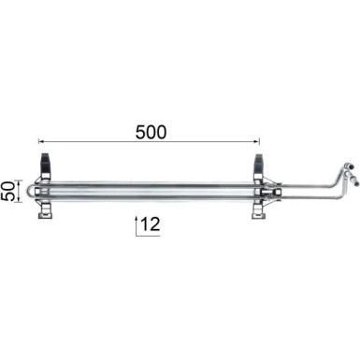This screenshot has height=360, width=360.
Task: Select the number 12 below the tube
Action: (152, 225)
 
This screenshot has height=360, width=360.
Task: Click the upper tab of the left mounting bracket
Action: (45, 160)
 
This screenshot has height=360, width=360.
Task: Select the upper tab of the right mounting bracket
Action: (260, 160)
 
